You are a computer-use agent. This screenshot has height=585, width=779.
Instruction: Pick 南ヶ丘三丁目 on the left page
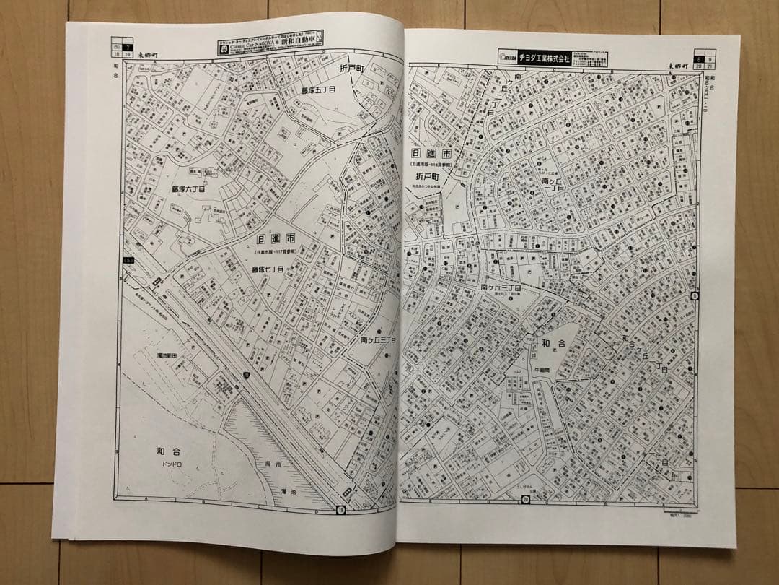(x=378, y=339)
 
